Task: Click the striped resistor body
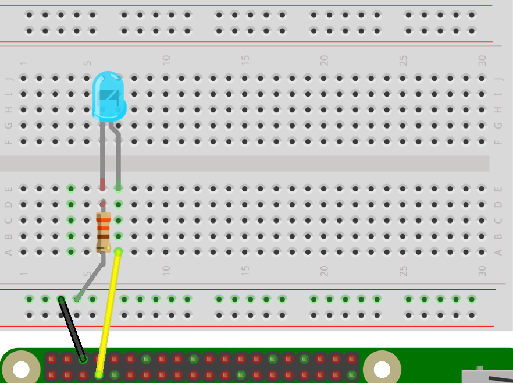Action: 104,232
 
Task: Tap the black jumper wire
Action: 72,328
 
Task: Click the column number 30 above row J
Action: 482,60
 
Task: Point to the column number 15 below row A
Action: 245,271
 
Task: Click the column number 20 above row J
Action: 324,60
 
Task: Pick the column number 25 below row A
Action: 402,271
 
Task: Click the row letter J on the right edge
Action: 498,79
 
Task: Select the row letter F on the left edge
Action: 8,141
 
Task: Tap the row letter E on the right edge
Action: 498,189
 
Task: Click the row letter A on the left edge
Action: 8,252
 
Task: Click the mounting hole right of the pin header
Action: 382,369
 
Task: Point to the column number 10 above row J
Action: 166,60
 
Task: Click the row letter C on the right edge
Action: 498,221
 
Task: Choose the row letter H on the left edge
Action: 8,110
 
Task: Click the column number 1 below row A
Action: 24,274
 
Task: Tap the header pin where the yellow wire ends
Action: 99,374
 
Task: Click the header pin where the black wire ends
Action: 83,359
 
